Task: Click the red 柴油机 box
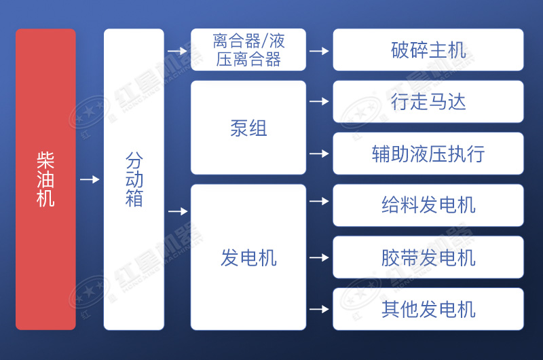click(45, 179)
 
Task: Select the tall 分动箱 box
click(134, 179)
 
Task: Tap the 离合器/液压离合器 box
click(248, 50)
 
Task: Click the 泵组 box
click(248, 128)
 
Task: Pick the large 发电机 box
click(248, 257)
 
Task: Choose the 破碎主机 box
click(428, 50)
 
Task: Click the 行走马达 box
click(428, 102)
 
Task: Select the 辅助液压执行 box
click(428, 154)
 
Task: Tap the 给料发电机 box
click(428, 205)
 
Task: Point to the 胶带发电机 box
click(428, 257)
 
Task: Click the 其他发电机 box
click(428, 309)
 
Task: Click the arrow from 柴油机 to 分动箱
click(90, 179)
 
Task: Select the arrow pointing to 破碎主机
click(319, 50)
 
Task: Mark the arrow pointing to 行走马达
click(319, 102)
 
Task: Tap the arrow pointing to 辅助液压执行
click(319, 154)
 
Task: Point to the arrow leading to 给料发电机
click(319, 201)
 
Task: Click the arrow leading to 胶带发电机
click(319, 257)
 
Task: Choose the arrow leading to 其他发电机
click(319, 309)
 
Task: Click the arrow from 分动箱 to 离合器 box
click(177, 50)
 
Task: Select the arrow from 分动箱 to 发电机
click(177, 211)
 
